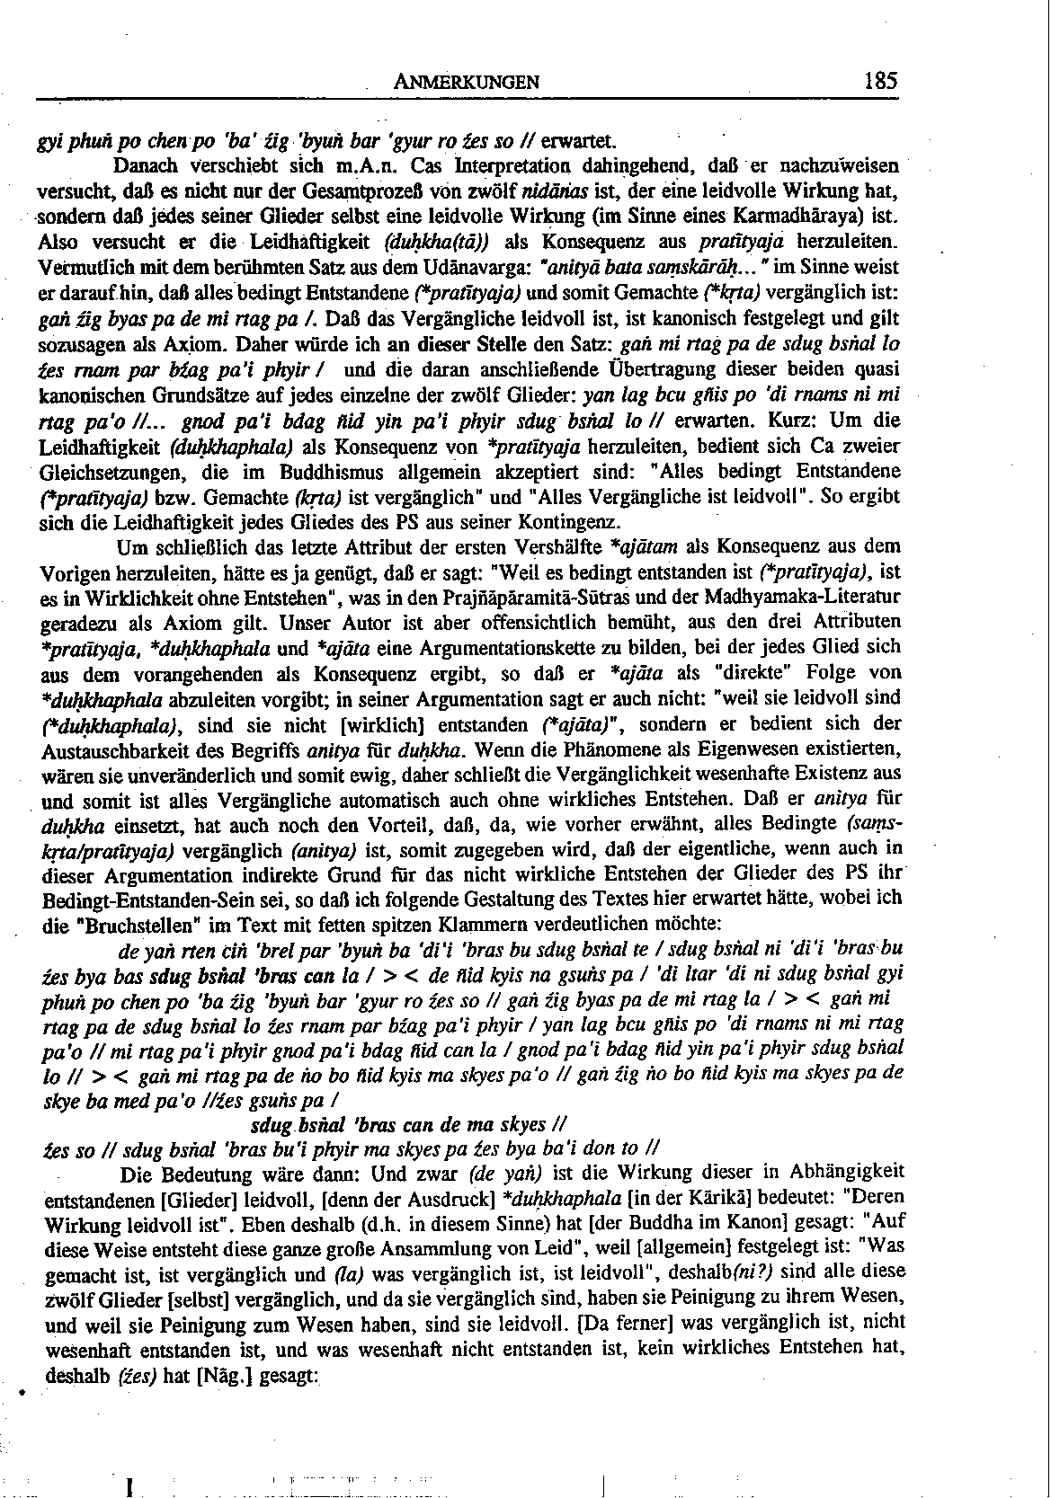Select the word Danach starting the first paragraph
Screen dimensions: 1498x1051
tap(147, 167)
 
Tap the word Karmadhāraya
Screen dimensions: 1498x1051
tap(810, 217)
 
